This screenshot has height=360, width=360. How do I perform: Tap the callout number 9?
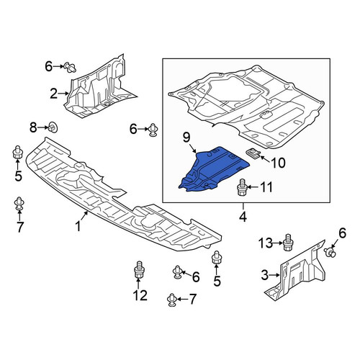pyautogui.click(x=186, y=138)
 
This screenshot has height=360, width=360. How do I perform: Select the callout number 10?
pyautogui.click(x=278, y=163)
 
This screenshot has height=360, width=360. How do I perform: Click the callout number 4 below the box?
pyautogui.click(x=243, y=217)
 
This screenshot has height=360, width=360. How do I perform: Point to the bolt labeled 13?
pyautogui.click(x=288, y=243)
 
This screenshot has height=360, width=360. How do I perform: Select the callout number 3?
pyautogui.click(x=265, y=275)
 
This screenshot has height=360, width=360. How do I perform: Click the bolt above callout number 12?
pyautogui.click(x=138, y=269)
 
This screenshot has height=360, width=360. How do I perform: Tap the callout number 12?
pyautogui.click(x=140, y=295)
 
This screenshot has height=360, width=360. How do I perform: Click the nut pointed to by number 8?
pyautogui.click(x=53, y=127)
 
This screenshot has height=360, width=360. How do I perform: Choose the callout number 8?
pyautogui.click(x=33, y=127)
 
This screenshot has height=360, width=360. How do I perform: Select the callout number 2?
pyautogui.click(x=54, y=94)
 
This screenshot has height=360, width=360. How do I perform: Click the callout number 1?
pyautogui.click(x=78, y=226)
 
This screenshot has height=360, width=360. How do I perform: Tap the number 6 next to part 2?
pyautogui.click(x=49, y=66)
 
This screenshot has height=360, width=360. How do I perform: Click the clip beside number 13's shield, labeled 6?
pyautogui.click(x=330, y=252)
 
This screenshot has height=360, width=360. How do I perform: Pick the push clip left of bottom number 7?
pyautogui.click(x=172, y=300)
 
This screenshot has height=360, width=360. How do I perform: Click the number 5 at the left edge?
pyautogui.click(x=18, y=176)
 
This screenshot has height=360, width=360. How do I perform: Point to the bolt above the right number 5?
pyautogui.click(x=216, y=258)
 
